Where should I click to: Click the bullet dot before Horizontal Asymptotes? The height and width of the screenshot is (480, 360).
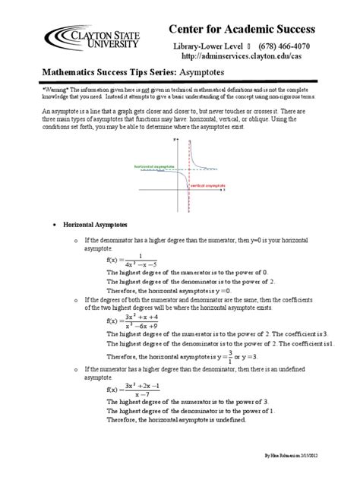(x=52, y=226)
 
